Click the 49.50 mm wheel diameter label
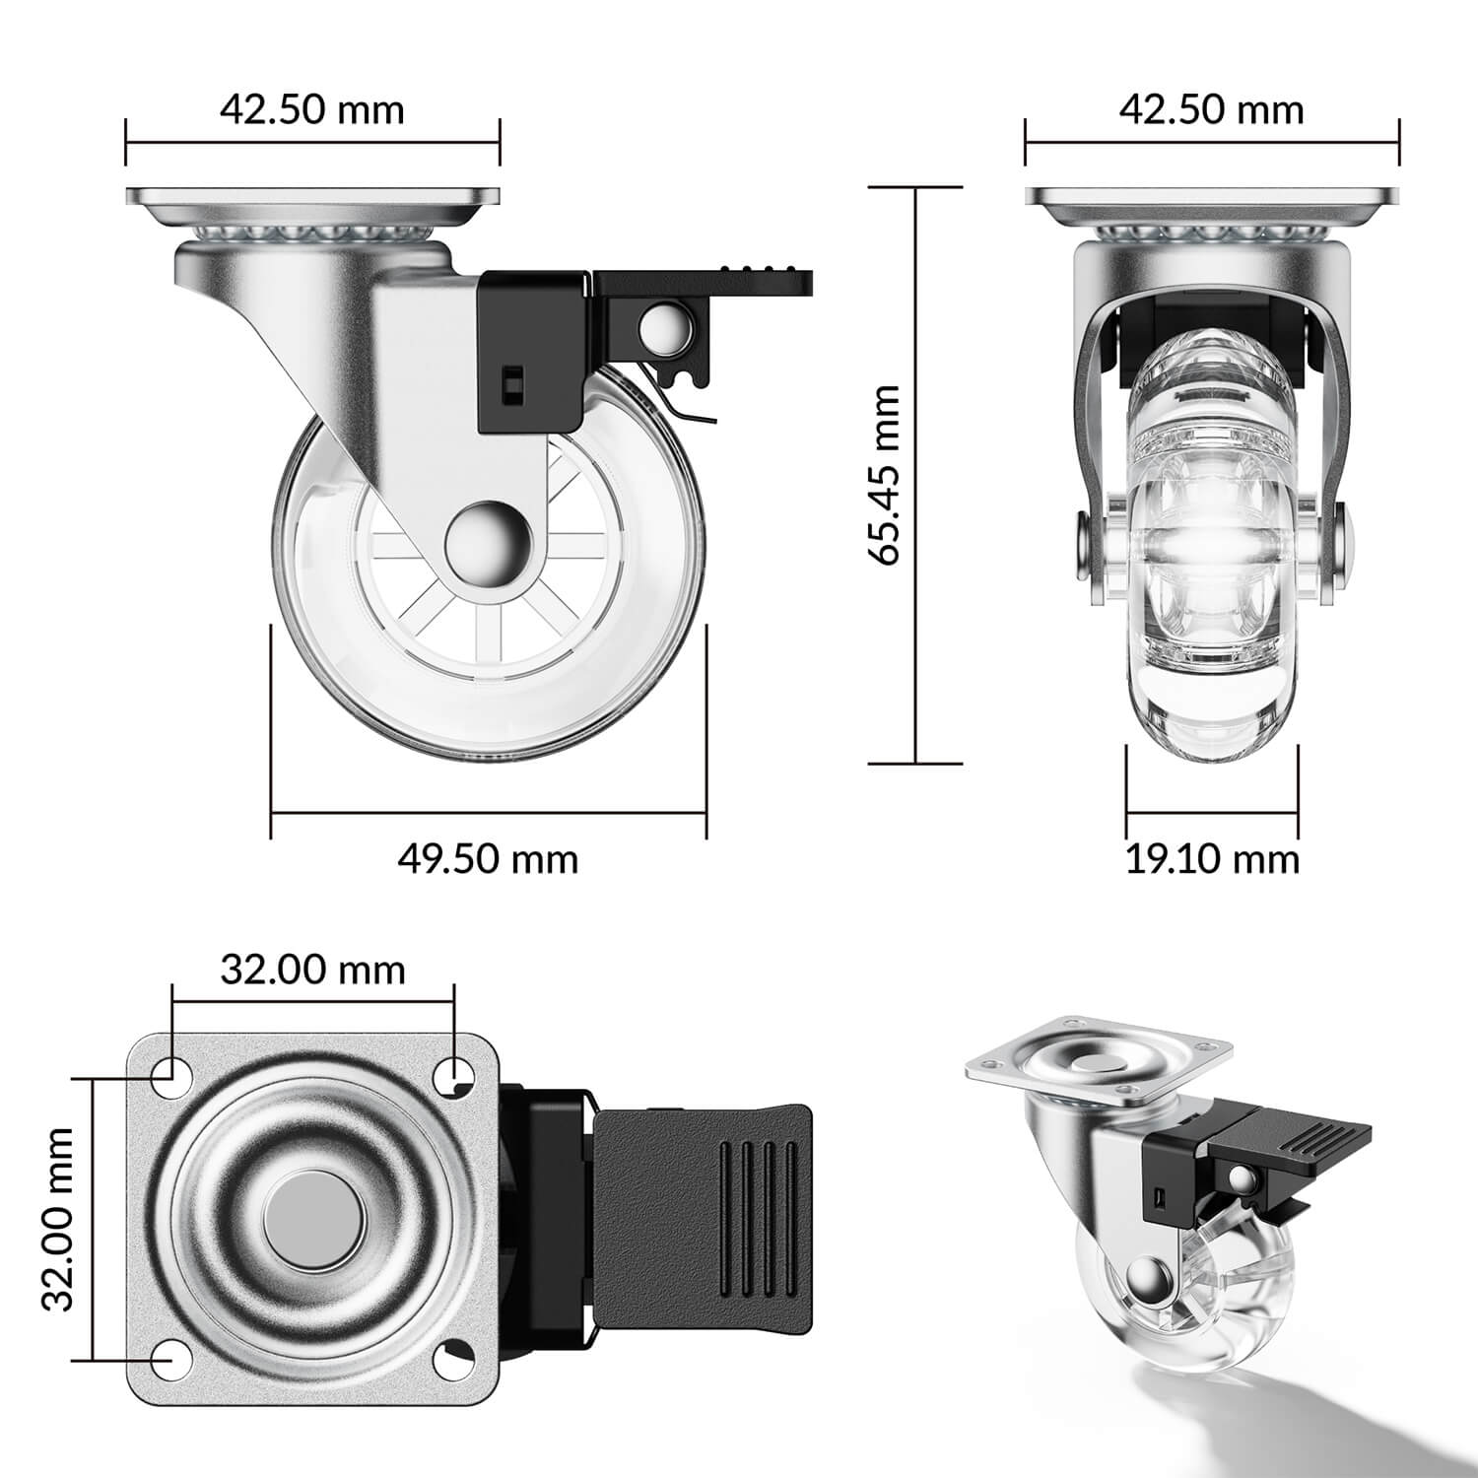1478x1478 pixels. click(x=488, y=859)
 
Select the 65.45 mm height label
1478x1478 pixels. click(x=885, y=475)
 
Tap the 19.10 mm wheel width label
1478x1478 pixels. click(x=1212, y=859)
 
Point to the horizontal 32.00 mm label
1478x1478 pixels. click(x=312, y=970)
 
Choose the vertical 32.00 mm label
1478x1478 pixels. click(x=59, y=1219)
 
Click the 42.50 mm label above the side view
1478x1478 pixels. click(x=311, y=109)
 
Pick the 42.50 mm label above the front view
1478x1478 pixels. click(x=1211, y=109)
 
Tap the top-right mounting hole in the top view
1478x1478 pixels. click(x=454, y=1071)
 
